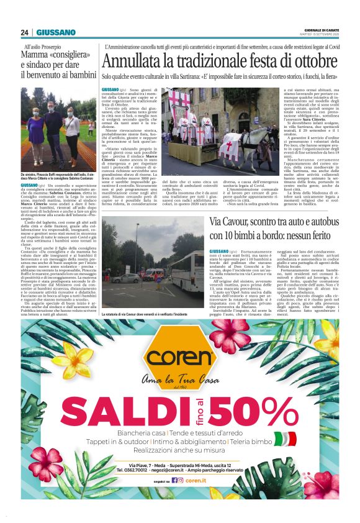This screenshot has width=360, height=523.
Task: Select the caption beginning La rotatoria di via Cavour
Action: (x=153, y=315)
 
